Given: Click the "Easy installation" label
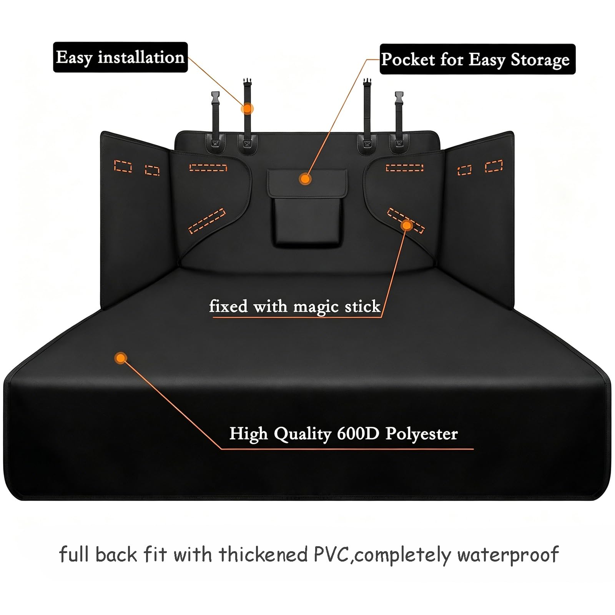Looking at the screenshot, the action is (x=120, y=57).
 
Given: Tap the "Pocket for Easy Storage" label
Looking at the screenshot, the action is (x=478, y=59).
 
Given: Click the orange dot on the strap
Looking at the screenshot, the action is (x=247, y=109).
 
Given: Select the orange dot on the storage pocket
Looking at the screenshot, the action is (x=306, y=179).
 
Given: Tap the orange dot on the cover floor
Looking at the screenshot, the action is (x=121, y=359).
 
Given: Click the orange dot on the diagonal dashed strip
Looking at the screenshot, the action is (x=407, y=225).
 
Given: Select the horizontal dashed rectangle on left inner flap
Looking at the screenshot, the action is (x=208, y=168).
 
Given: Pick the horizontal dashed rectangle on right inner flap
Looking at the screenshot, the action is (x=404, y=168).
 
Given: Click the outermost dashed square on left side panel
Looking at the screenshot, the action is (x=124, y=166).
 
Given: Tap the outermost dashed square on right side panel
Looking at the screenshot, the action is (x=494, y=166).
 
